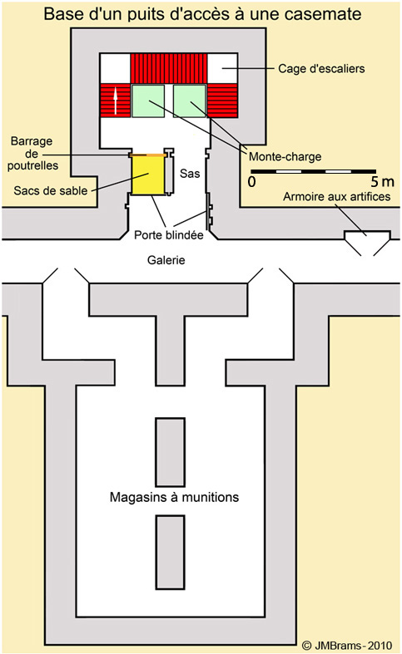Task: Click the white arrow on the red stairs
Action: point(116,101)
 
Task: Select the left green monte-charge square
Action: point(148,101)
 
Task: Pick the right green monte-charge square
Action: point(190,101)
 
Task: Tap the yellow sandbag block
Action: point(148,175)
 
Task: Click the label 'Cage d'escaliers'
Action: point(321,68)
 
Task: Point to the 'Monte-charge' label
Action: point(285,157)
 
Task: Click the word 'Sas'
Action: point(190,173)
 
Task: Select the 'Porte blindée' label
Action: point(169,235)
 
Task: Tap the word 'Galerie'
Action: point(166,260)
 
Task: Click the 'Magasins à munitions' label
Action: point(174,497)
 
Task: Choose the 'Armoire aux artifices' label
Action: point(337,196)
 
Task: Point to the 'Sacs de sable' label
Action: point(51,190)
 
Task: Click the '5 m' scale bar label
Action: point(382,182)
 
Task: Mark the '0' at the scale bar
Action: point(251,182)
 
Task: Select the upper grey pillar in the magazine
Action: point(170,453)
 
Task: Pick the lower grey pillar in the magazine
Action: point(170,552)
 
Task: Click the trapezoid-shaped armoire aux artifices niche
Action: point(367,238)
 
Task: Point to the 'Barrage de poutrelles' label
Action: point(32,154)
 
